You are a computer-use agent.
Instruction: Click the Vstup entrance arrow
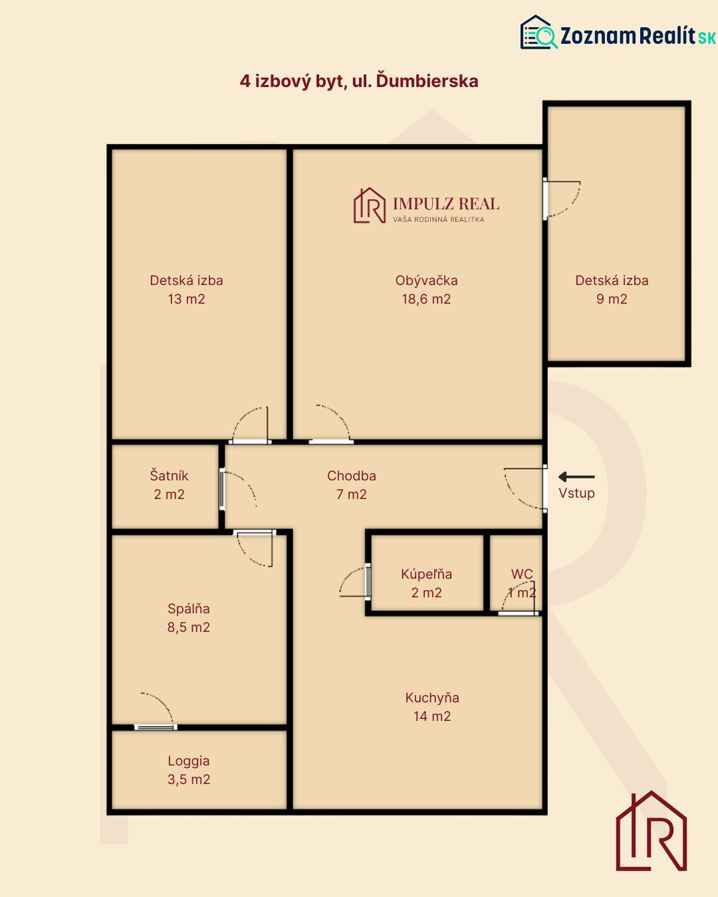click(576, 477)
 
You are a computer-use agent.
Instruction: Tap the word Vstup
click(576, 493)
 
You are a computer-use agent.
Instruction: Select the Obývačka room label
click(426, 280)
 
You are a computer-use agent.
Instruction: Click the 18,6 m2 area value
click(426, 299)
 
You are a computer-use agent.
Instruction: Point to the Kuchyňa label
click(432, 698)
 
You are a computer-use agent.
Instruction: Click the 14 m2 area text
click(432, 716)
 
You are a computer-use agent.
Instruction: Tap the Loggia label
click(189, 761)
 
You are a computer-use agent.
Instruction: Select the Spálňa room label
click(189, 609)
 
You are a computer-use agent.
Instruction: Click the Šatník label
click(169, 475)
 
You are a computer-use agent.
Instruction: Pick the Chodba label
click(351, 476)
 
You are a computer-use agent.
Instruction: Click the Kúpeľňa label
click(426, 574)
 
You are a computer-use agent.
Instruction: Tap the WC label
click(522, 574)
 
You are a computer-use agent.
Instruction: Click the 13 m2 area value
click(187, 299)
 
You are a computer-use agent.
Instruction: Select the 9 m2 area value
click(612, 299)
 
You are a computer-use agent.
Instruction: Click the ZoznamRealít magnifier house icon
click(538, 33)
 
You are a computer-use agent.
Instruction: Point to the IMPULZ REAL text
click(446, 204)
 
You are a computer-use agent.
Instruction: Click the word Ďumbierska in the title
click(427, 81)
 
